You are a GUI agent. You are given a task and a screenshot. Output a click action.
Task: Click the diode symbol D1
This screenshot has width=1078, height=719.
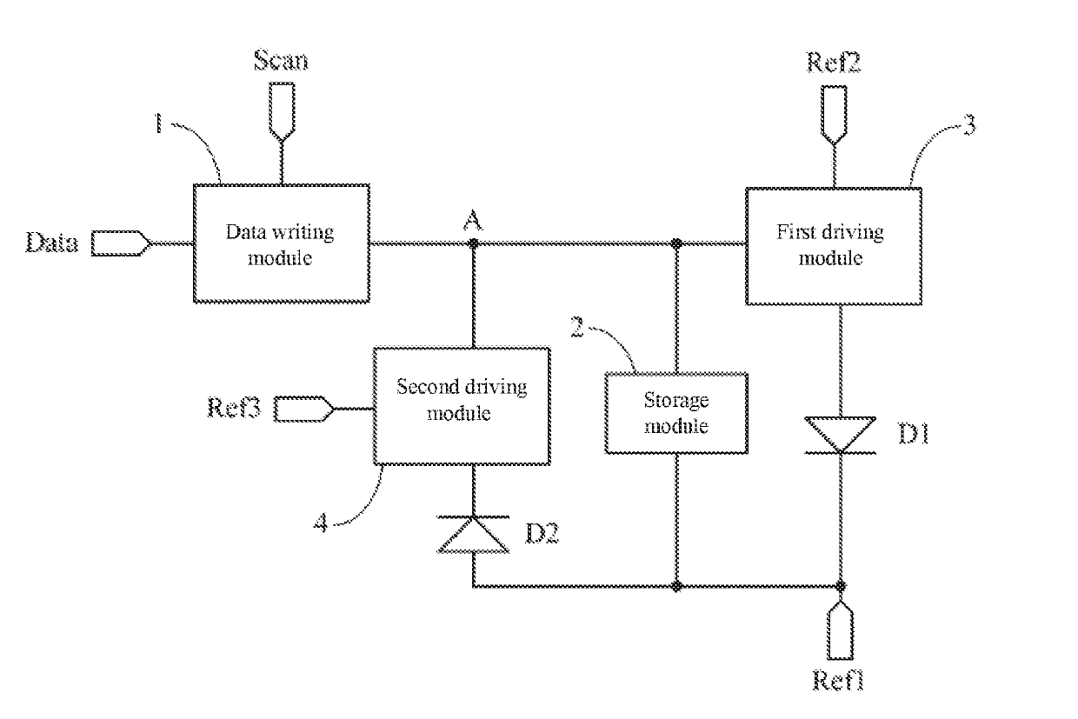coord(841,435)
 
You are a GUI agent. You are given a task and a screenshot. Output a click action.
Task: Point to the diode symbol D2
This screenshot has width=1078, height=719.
coord(473,535)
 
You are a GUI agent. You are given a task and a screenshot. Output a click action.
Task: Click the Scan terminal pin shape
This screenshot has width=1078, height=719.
coord(282,112)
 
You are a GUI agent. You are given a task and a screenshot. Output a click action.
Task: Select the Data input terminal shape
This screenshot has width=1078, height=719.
coord(122,243)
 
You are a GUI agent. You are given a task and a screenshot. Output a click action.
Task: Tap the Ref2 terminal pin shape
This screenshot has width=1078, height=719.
coord(834,116)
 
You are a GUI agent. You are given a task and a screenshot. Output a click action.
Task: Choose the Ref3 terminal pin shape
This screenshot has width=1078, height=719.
coord(303,409)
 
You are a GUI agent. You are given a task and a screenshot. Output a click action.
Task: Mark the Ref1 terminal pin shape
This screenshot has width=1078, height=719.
coord(841,629)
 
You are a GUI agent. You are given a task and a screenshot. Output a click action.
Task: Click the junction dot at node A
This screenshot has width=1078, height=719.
coord(474,243)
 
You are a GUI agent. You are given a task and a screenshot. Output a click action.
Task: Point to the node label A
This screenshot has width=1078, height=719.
coord(473,221)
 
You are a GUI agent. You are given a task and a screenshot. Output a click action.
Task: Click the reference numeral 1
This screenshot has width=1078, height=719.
coord(158,123)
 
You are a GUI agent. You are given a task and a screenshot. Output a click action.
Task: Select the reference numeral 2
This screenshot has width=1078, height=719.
coord(577,327)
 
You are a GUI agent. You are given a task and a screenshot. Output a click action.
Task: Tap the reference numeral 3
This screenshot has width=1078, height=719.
coord(969,124)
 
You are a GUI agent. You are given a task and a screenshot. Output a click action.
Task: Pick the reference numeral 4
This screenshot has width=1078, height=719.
coord(321,523)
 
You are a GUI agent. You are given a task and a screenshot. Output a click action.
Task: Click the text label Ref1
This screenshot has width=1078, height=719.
coord(838,681)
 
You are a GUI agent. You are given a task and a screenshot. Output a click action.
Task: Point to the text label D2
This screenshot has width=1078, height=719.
coord(542,533)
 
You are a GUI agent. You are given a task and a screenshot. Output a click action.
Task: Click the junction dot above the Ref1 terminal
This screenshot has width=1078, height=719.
coord(841,586)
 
